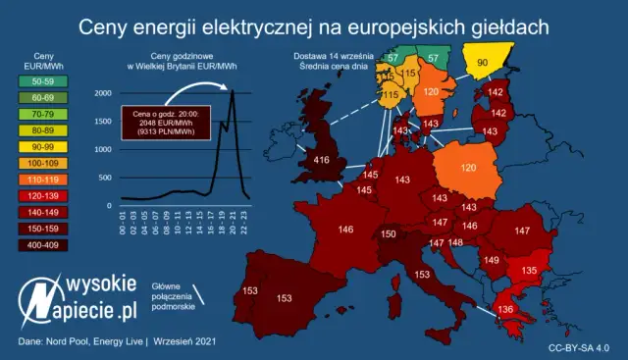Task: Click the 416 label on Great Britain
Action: [x=321, y=159]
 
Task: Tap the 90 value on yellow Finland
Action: [x=482, y=63]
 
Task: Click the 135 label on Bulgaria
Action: [x=528, y=270]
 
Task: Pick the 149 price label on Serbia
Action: [x=491, y=261]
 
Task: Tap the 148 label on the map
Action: [x=455, y=241]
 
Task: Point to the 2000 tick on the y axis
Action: [x=103, y=93]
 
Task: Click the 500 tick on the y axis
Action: [x=105, y=178]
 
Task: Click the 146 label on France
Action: [x=345, y=230]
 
